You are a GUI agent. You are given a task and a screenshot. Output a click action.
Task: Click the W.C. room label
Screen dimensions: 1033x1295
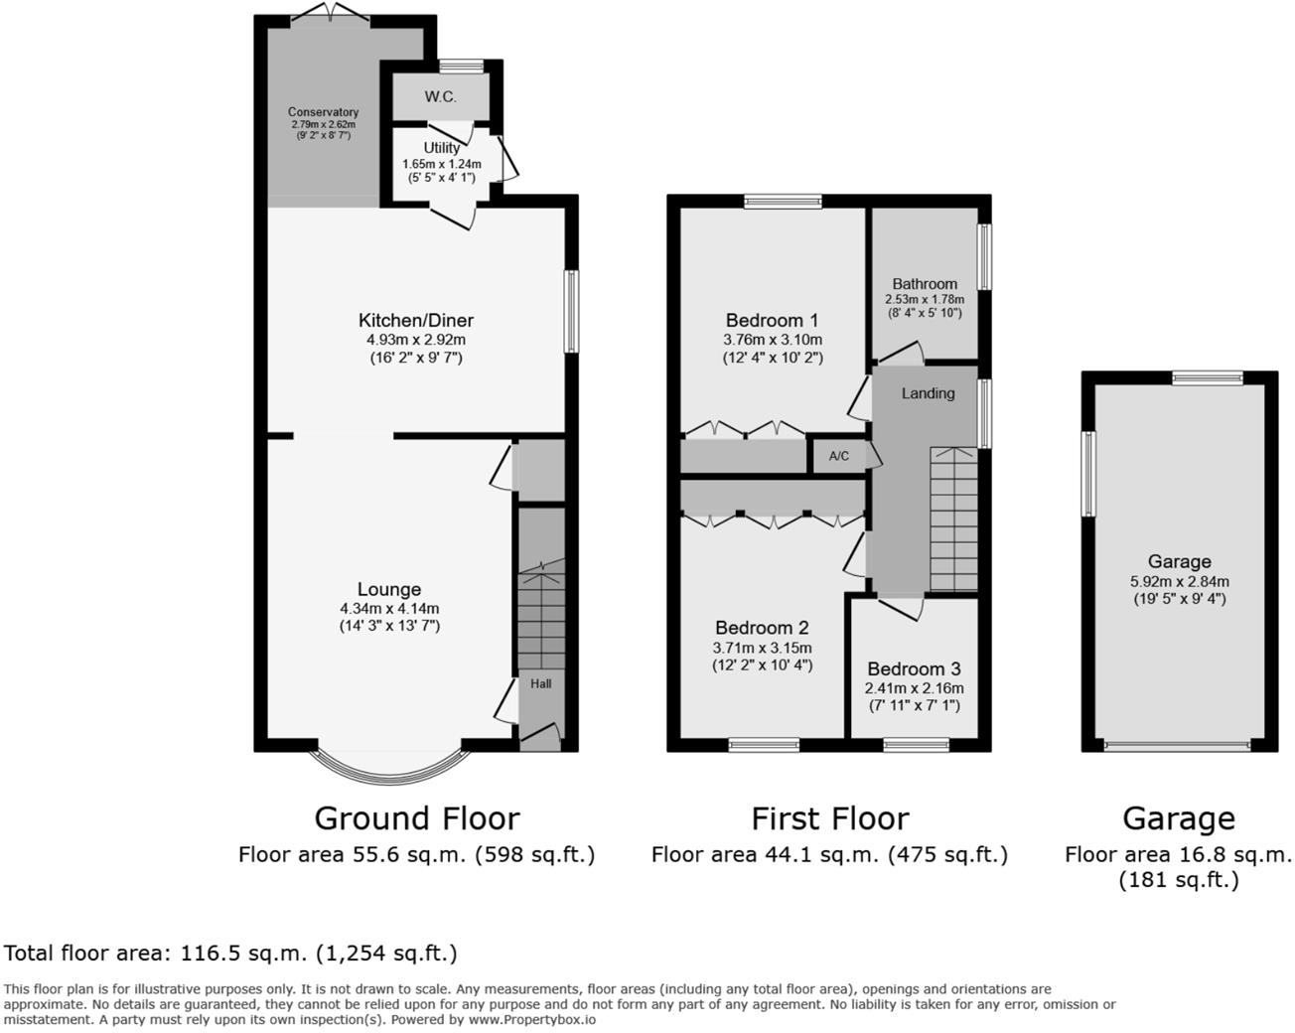coord(440,96)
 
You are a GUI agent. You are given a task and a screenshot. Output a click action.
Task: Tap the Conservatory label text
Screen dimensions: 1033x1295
coord(323,112)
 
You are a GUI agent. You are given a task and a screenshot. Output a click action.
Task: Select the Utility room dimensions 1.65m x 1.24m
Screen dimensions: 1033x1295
coord(441,164)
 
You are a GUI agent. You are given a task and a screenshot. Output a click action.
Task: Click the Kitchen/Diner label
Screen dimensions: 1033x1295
coord(415,320)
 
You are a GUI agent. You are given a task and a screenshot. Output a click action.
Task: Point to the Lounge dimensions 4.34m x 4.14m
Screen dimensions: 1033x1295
coord(388,608)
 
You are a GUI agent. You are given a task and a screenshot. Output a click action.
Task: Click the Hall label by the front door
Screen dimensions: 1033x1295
coord(540,683)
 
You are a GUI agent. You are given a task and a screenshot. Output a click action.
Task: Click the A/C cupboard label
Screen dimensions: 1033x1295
coord(838,457)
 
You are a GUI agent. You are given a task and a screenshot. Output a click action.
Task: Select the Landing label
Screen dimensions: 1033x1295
coord(928,393)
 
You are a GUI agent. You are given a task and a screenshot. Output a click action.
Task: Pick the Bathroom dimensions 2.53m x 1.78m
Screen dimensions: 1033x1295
coord(924,299)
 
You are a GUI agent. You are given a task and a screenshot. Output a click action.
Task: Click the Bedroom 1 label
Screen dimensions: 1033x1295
coord(772,320)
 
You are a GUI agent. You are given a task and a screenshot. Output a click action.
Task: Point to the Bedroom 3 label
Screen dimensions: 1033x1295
coord(914,668)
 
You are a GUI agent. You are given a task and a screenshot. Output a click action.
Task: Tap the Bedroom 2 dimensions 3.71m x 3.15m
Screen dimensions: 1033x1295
coord(762,648)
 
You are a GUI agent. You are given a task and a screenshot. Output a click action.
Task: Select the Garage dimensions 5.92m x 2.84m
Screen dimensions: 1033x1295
coord(1179,582)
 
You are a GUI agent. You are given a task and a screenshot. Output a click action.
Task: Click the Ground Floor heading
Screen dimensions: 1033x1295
coord(416,818)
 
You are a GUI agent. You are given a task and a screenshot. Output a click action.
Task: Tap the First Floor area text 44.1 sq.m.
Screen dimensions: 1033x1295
coord(828,854)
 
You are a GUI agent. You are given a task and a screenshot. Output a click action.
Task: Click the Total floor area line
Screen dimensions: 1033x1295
coord(230,954)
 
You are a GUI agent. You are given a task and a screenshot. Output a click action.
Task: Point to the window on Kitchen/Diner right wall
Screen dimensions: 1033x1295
coord(571,311)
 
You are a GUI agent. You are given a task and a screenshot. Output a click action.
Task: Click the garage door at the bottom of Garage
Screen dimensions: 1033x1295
coord(1178,744)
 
